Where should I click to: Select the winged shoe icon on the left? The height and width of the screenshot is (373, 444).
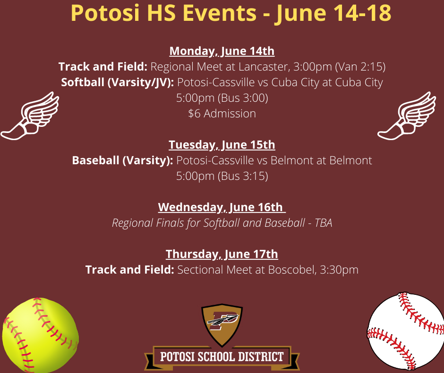click(29, 116)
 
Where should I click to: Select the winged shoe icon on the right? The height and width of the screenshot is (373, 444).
click(407, 116)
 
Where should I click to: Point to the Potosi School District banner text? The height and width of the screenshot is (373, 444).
click(222, 356)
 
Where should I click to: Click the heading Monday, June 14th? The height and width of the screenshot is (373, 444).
click(222, 51)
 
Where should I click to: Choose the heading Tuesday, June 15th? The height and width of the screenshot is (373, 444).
click(222, 144)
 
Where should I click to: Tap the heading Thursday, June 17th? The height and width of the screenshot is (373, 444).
click(222, 254)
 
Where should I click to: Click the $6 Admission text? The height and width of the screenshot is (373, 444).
click(222, 114)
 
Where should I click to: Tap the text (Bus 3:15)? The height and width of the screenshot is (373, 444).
click(243, 176)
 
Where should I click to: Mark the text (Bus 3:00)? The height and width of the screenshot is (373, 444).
click(243, 98)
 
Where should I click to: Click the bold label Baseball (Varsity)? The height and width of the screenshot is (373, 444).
click(122, 160)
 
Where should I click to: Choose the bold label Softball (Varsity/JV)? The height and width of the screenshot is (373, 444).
click(118, 82)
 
